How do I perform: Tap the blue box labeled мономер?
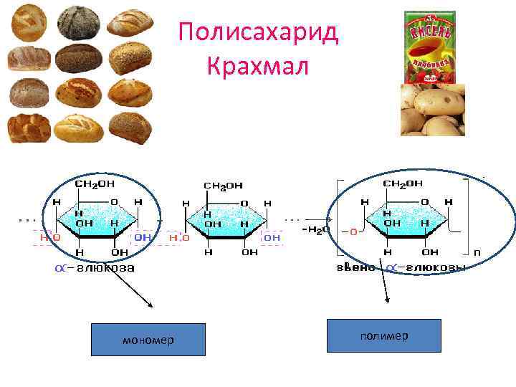point(148,340)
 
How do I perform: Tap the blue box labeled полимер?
point(383,335)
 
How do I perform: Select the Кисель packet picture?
point(430,44)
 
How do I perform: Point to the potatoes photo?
point(432,110)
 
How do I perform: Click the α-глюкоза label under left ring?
point(95,268)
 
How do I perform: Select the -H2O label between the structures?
point(316,229)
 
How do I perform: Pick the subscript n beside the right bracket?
point(477,252)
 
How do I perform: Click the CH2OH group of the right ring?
point(403,184)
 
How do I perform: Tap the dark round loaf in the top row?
point(74,21)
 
